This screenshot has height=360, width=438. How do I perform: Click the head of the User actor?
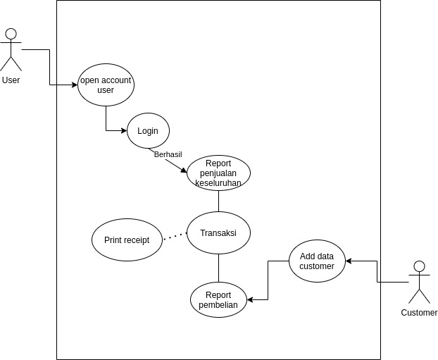pyautogui.click(x=11, y=34)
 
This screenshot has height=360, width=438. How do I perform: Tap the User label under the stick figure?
pyautogui.click(x=11, y=80)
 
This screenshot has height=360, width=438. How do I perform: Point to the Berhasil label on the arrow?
pyautogui.click(x=168, y=154)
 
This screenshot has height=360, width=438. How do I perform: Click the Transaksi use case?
pyautogui.click(x=218, y=232)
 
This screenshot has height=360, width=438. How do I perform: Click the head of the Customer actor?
pyautogui.click(x=419, y=266)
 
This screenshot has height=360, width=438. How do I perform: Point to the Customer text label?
pyautogui.click(x=419, y=313)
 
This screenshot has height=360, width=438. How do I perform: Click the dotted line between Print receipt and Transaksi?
pyautogui.click(x=175, y=236)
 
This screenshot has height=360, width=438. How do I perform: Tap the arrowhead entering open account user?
pyautogui.click(x=75, y=85)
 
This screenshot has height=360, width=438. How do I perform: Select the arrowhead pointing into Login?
pyautogui.click(x=124, y=130)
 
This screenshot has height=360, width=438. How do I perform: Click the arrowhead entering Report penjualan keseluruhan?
pyautogui.click(x=184, y=170)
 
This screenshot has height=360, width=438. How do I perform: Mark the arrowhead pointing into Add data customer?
pyautogui.click(x=349, y=261)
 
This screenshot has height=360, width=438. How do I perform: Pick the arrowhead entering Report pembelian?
pyautogui.click(x=250, y=299)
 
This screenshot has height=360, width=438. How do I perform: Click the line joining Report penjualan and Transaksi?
pyautogui.click(x=218, y=201)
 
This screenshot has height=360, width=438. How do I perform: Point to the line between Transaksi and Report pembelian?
pyautogui.click(x=218, y=268)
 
